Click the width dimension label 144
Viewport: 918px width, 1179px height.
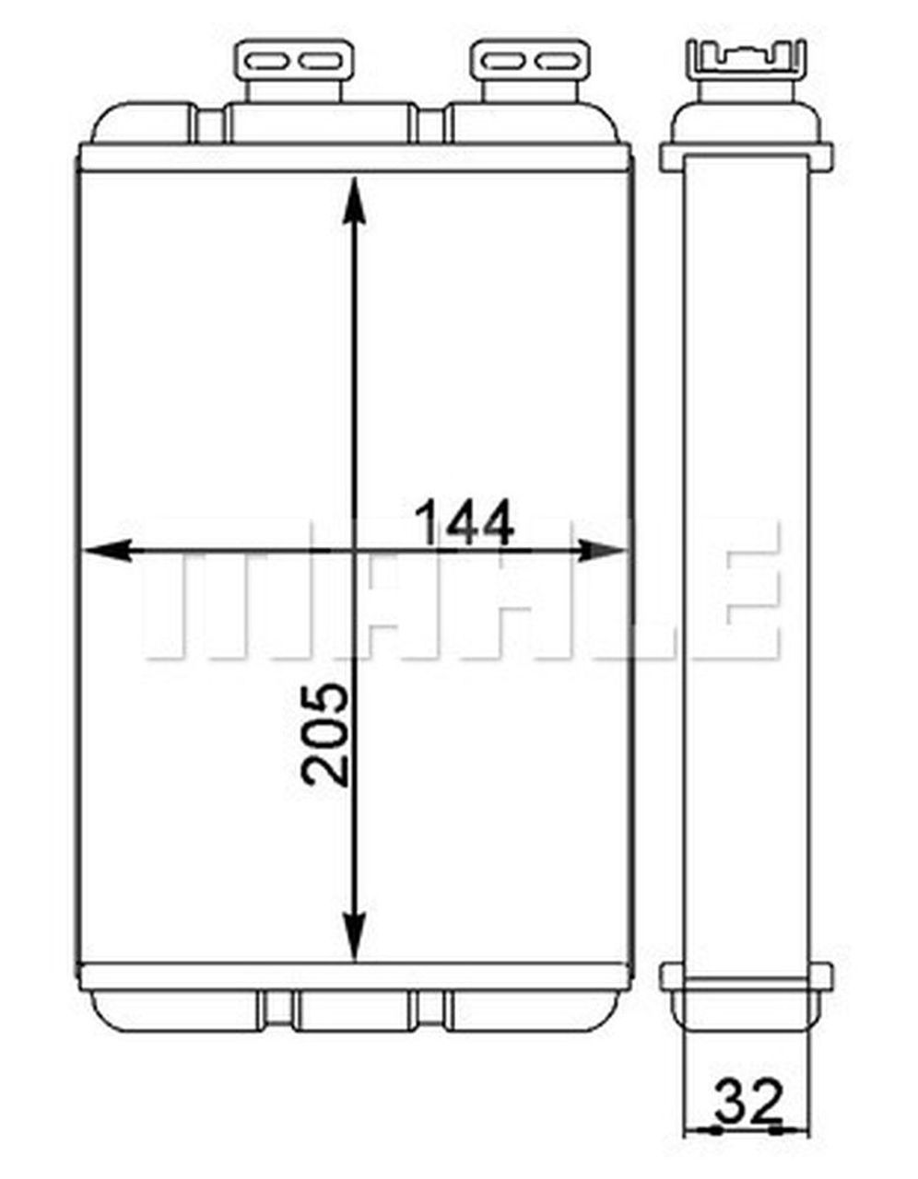[464, 524]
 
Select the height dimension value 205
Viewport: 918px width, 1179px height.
[327, 734]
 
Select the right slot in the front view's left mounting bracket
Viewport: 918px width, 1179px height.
[320, 62]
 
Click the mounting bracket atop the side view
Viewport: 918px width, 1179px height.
[747, 60]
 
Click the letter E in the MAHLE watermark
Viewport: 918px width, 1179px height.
[742, 603]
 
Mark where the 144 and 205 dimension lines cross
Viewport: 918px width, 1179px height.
[352, 551]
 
